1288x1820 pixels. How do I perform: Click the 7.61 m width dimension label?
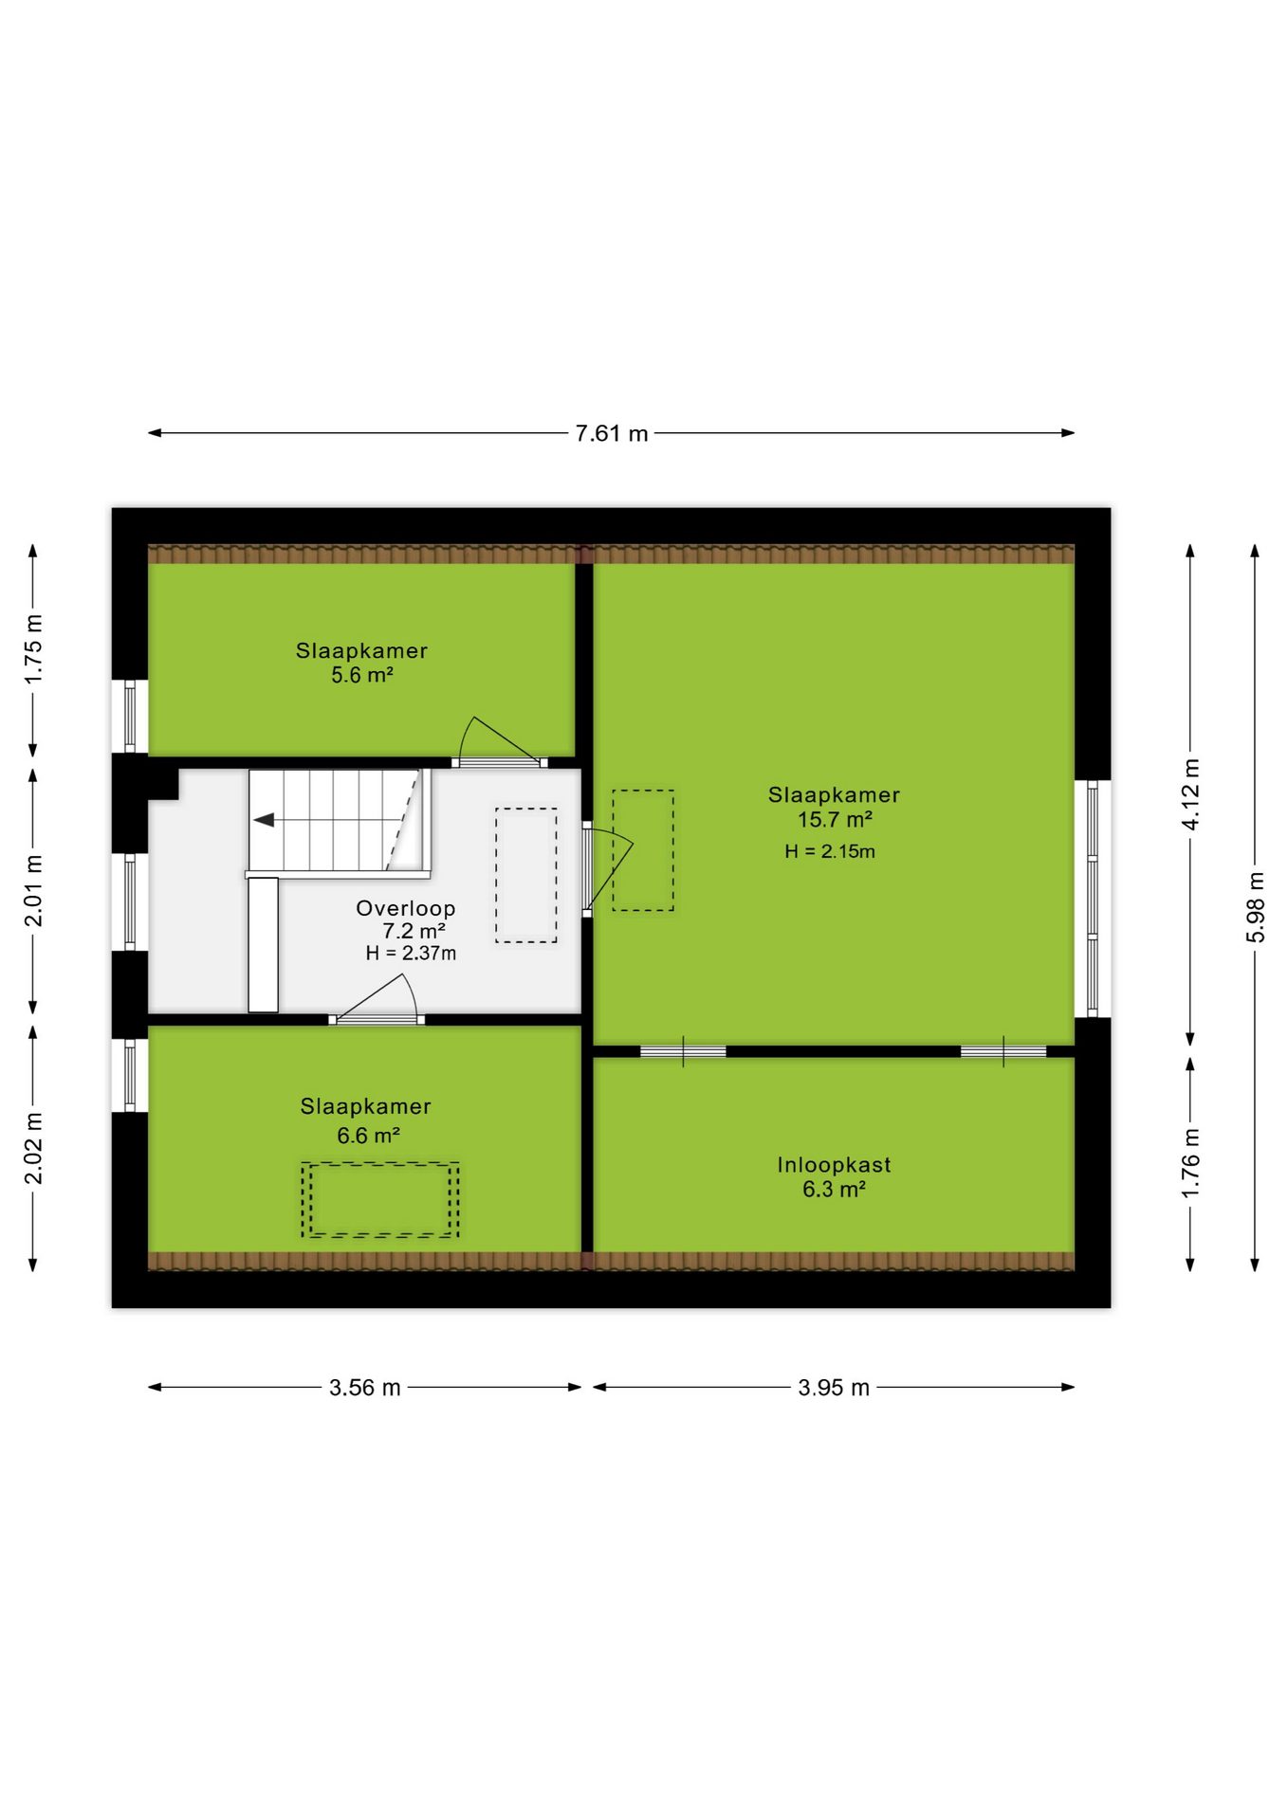612,433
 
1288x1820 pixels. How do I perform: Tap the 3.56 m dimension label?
365,1388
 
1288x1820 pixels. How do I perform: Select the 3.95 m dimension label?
834,1388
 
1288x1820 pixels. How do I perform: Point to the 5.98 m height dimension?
1256,907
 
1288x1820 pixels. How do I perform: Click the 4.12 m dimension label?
1191,794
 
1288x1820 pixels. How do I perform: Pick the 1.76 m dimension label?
1191,1163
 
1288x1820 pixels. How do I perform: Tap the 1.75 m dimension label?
33,649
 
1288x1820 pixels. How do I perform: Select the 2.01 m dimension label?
33,890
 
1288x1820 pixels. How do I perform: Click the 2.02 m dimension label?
33,1148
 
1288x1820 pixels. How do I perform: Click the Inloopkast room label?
835,1164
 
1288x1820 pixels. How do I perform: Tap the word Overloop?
406,908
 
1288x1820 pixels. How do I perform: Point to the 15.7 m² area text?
835,819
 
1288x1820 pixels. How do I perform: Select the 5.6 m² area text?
362,675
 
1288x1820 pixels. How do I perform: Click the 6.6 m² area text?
368,1135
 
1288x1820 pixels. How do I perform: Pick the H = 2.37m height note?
411,954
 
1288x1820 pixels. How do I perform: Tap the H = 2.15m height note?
830,851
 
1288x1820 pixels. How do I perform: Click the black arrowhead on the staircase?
264,820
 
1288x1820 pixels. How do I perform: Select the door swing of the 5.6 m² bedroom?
499,739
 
